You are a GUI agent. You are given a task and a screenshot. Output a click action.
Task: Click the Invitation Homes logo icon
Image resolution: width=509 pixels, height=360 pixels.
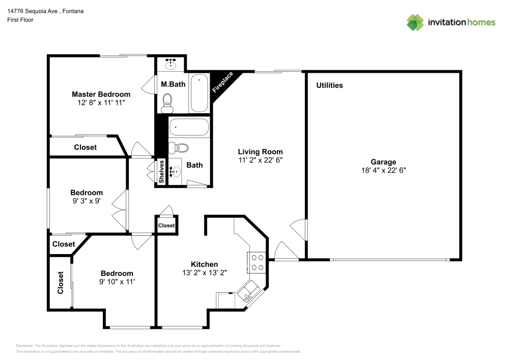coord(415,22)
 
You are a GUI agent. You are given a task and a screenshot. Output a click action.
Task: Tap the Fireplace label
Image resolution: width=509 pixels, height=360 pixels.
coord(222,82)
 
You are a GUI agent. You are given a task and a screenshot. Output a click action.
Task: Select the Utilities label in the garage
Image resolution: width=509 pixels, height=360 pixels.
coord(329,85)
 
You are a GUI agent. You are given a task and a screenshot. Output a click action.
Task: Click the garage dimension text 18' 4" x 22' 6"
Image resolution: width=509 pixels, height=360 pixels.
coord(383,171)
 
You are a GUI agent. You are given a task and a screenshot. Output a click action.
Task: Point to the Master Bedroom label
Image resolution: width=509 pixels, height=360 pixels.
coord(101,94)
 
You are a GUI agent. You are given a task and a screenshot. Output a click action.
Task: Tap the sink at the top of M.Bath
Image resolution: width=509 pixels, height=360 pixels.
coord(171,65)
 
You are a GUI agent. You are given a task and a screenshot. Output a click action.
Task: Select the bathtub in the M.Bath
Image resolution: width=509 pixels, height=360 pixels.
coord(199,93)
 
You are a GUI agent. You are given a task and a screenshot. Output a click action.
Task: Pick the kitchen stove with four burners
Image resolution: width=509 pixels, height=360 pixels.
coord(257,262)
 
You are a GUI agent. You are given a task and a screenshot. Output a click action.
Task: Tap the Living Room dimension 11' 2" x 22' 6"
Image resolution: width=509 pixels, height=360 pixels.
coord(260,160)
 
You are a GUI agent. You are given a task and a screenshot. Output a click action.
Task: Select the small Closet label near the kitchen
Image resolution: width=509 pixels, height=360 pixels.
coord(166,225)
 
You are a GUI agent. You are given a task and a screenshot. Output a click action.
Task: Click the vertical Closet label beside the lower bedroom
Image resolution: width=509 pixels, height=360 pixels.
coord(60,283)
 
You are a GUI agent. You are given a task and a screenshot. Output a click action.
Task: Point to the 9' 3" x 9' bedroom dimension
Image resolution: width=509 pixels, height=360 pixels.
coord(87,201)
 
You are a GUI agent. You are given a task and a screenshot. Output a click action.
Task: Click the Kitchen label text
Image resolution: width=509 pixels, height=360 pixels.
coord(204,264)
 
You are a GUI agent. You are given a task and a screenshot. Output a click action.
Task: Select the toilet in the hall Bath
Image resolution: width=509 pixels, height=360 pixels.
coord(179,148)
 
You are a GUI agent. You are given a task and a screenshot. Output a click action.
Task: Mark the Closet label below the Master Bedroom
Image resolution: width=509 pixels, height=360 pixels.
coord(86,147)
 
